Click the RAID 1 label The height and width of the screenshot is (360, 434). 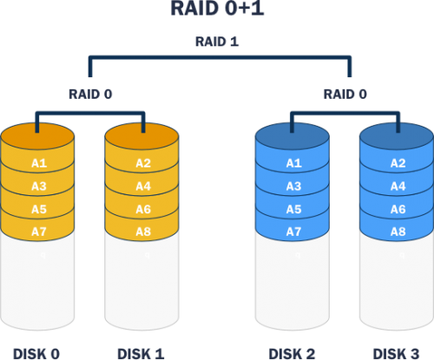coord(217,42)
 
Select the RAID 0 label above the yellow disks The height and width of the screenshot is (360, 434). coord(90,94)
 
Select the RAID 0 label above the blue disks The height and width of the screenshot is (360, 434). coord(345,94)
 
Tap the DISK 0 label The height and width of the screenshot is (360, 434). coord(37,353)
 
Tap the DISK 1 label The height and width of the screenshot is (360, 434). coord(141,353)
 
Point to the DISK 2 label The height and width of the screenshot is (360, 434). coord(293,353)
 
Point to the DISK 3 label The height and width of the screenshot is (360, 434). coord(397,353)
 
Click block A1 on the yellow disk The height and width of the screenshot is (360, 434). coord(39,163)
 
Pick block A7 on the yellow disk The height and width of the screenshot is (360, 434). coord(39,232)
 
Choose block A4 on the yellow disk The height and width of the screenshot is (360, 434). coord(143,186)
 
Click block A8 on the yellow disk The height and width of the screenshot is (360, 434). coord(143,232)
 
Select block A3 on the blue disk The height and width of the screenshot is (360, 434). coord(293,186)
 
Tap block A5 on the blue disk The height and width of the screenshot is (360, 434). coord(293,209)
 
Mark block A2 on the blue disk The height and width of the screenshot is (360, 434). coord(398,163)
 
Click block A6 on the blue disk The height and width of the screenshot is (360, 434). coord(398,209)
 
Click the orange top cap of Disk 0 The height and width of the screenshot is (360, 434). coord(39,137)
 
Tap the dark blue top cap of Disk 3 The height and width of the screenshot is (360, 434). coord(397,137)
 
